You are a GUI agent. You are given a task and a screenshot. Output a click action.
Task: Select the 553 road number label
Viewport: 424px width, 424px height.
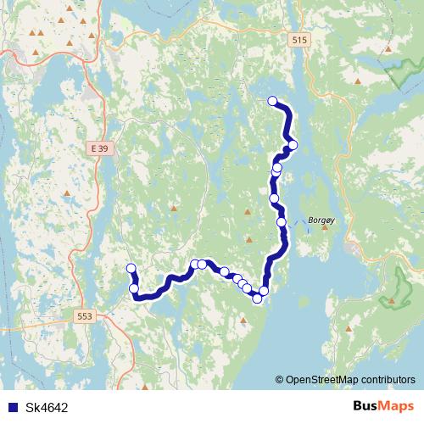pos(85,315)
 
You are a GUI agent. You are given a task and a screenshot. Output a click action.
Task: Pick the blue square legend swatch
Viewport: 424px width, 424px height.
pos(12,406)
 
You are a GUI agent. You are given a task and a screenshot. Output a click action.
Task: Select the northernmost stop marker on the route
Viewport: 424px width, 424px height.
pos(272,102)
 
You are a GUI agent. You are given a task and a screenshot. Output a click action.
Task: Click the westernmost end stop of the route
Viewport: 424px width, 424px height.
pos(131,269)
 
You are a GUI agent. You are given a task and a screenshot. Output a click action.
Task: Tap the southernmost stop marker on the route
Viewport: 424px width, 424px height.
pos(257,298)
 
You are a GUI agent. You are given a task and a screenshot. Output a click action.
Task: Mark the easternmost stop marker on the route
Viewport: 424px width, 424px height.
pos(293,145)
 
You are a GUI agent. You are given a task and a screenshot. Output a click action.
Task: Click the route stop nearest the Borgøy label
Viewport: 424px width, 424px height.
pos(282,222)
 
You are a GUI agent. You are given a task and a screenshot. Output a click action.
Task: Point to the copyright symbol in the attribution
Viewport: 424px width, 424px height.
pos(279,379)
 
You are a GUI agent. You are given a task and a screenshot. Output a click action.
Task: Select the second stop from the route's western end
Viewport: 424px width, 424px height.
pos(134,289)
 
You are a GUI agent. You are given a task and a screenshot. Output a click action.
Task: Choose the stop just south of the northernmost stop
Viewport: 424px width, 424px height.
pos(293,145)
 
